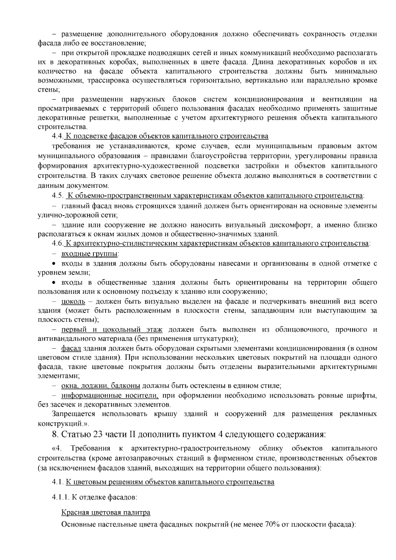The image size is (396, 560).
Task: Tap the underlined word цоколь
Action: tap(73, 301)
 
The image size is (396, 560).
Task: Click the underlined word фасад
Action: tap(71, 348)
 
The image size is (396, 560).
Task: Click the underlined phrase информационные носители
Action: tap(110, 395)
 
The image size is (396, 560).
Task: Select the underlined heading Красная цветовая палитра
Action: tap(106, 512)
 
